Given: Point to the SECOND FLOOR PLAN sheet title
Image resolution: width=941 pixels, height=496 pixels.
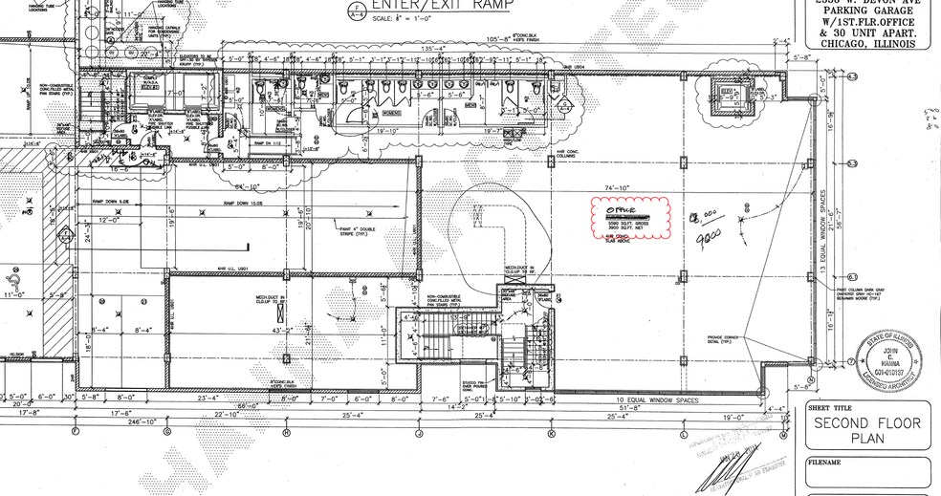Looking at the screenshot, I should coord(860,431).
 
